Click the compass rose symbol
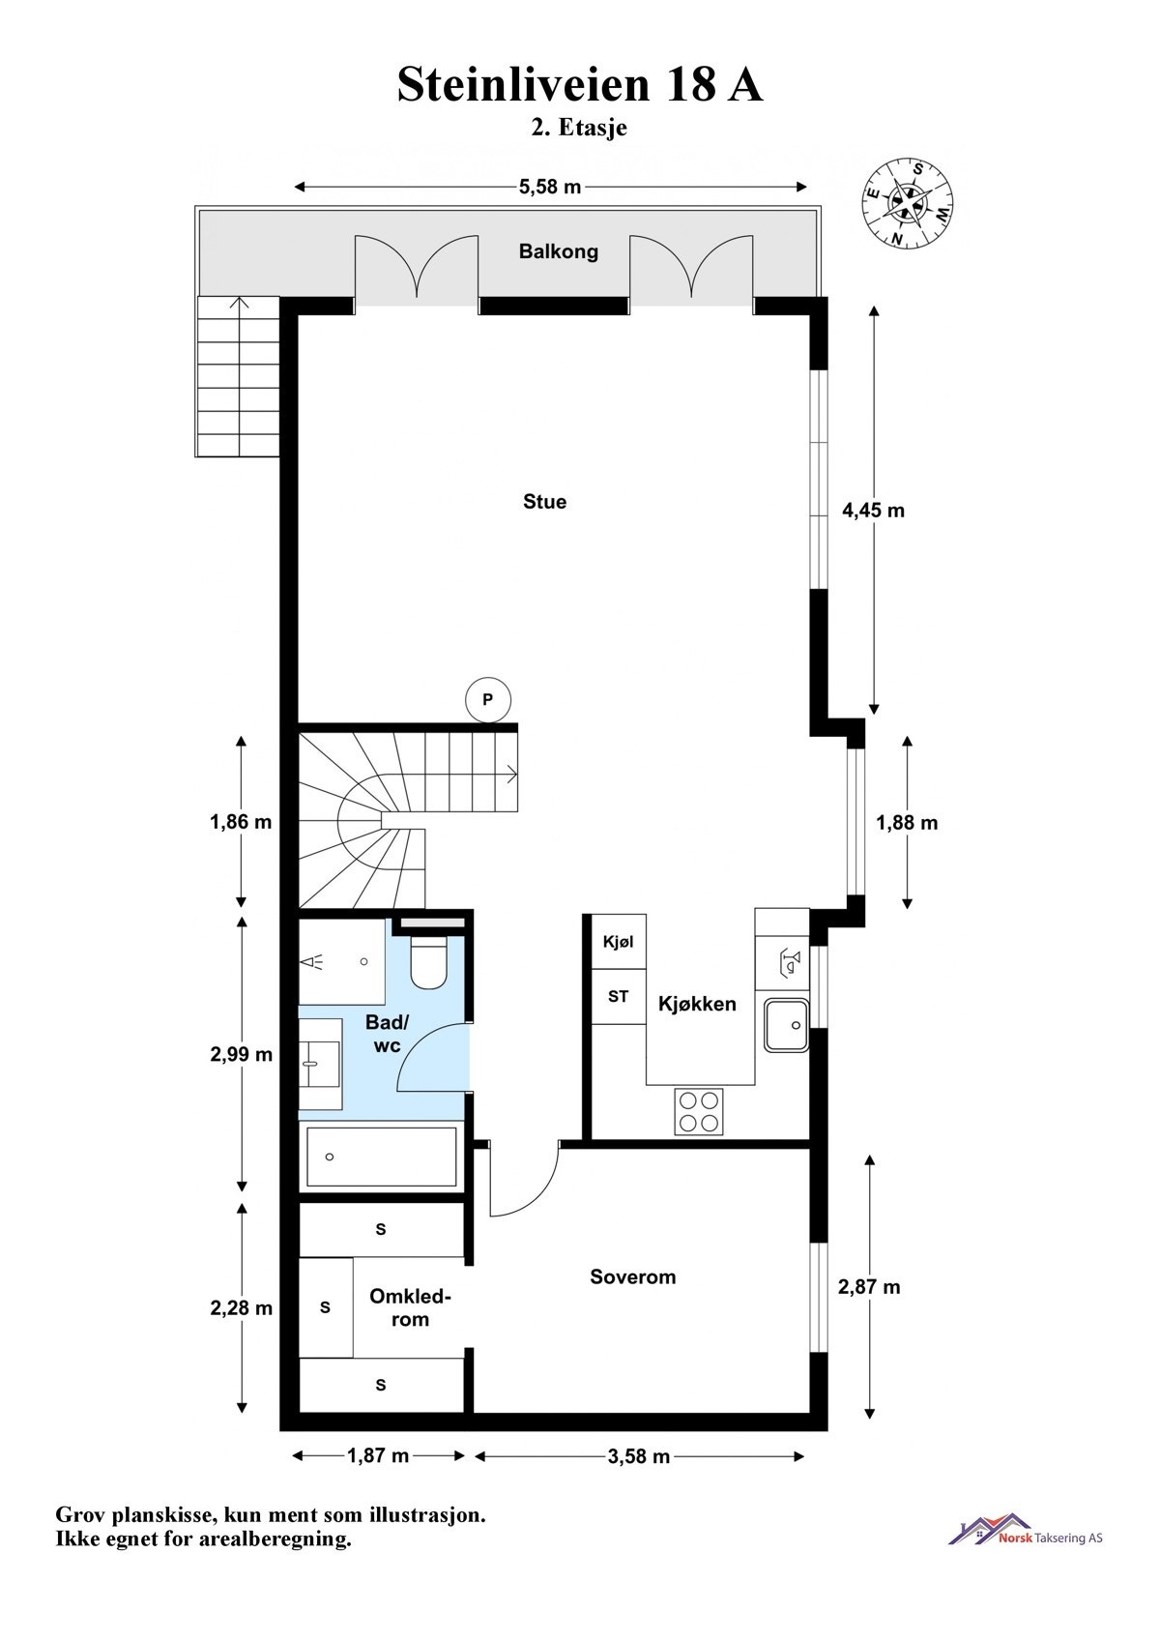point(908,201)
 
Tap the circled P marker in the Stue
point(488,699)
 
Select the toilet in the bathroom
point(429,962)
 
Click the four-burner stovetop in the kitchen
point(699,1111)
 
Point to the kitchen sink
point(787,1025)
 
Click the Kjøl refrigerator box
point(618,942)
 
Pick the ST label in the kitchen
point(618,996)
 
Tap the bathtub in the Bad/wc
point(381,1157)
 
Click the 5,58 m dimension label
point(550,187)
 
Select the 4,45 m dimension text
point(873,510)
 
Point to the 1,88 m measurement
point(907,823)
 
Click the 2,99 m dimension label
point(241,1054)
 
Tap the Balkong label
point(559,251)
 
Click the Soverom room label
point(633,1276)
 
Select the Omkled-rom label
point(410,1307)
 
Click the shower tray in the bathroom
point(342,962)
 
